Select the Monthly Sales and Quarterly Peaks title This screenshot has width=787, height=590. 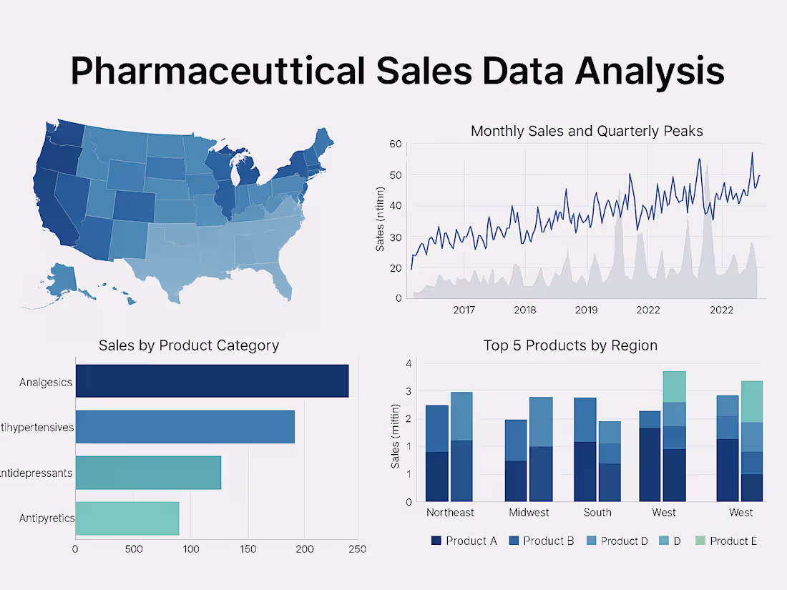tap(587, 131)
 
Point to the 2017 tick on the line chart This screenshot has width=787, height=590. tap(464, 310)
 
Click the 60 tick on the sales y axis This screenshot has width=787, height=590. tap(395, 144)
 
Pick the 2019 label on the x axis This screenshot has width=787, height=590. tap(586, 310)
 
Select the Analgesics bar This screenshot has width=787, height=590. tap(212, 381)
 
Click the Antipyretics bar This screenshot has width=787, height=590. tap(127, 518)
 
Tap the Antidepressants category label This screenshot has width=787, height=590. tap(36, 473)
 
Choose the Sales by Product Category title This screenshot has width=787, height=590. tap(189, 345)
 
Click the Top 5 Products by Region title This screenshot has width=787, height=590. tap(570, 345)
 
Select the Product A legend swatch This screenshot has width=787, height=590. tap(436, 541)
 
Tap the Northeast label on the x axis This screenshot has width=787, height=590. tap(450, 512)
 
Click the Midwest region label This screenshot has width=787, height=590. tap(529, 512)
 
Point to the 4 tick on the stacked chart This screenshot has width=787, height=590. tap(409, 363)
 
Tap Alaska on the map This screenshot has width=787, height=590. tap(64, 279)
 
